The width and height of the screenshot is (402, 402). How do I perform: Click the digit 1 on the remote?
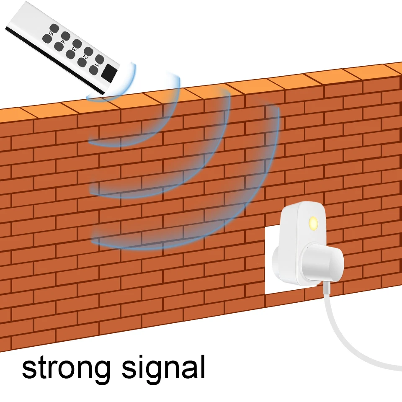pos(96,65)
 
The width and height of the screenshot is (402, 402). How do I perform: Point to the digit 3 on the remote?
pos(74,49)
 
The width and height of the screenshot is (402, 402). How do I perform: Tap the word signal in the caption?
pos(163,368)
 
